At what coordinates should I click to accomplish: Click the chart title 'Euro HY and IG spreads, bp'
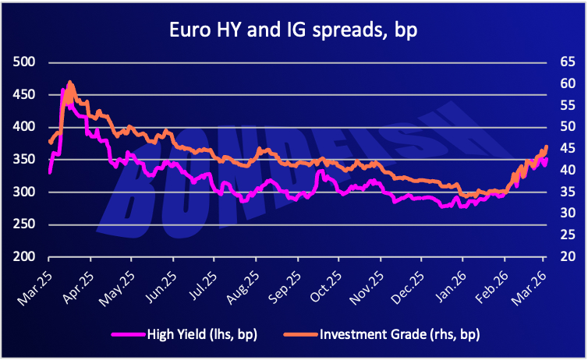point(294,32)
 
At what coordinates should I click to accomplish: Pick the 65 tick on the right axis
point(564,62)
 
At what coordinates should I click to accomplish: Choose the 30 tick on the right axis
point(564,214)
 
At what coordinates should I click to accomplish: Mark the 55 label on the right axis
point(564,105)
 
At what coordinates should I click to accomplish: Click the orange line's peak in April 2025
point(70,82)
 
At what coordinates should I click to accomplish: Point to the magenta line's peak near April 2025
point(62,90)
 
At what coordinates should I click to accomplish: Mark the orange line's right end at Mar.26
point(547,146)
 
